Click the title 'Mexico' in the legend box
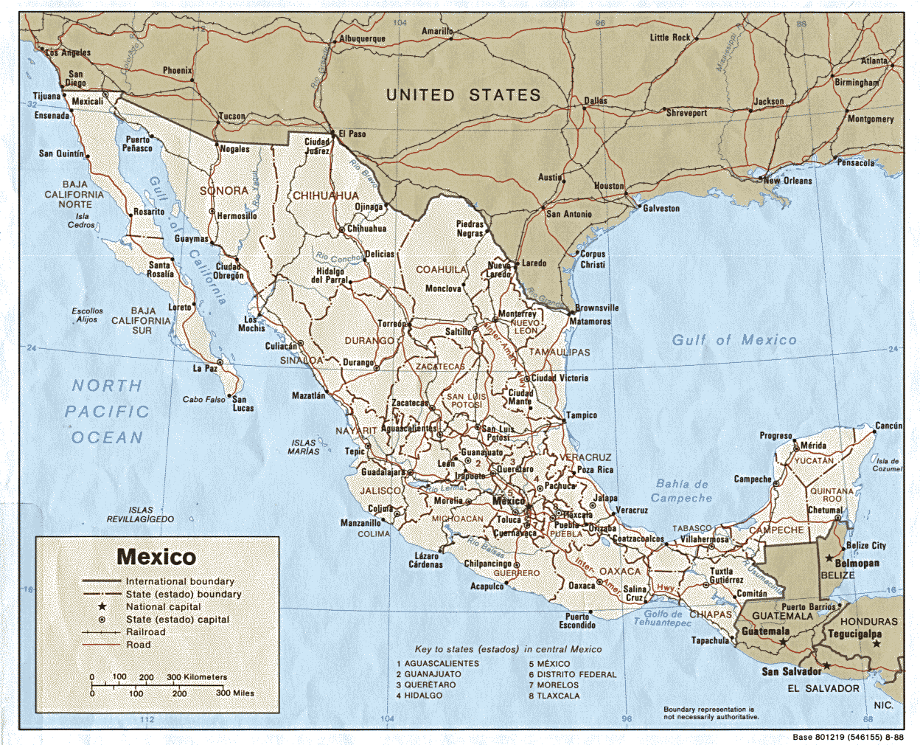pos(156,557)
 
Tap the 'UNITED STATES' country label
pos(463,95)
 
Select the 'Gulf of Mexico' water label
pos(733,340)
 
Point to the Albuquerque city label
pos(362,39)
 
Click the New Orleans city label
pos(788,181)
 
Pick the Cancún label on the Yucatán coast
pos(888,426)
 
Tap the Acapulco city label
pos(487,586)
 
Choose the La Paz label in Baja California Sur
pos(205,368)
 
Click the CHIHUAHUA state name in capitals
pos(326,196)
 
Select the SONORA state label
pos(223,190)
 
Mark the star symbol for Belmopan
pos(829,558)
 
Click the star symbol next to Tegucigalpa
pos(877,644)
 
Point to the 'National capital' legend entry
pos(163,606)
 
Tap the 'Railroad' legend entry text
pos(145,632)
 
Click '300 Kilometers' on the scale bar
pos(197,676)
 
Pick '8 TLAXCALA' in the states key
pos(554,696)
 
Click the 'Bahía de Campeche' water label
pos(682,491)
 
